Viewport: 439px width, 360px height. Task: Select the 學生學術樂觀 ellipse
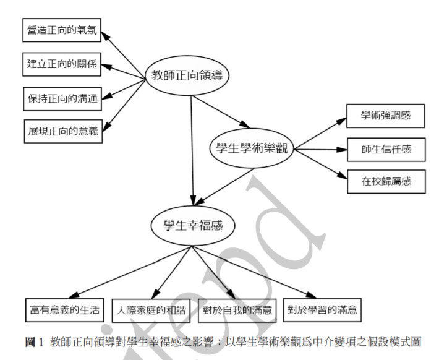click(x=250, y=148)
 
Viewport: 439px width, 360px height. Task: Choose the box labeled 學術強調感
click(x=386, y=114)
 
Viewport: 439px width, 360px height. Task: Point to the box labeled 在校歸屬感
click(x=386, y=182)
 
